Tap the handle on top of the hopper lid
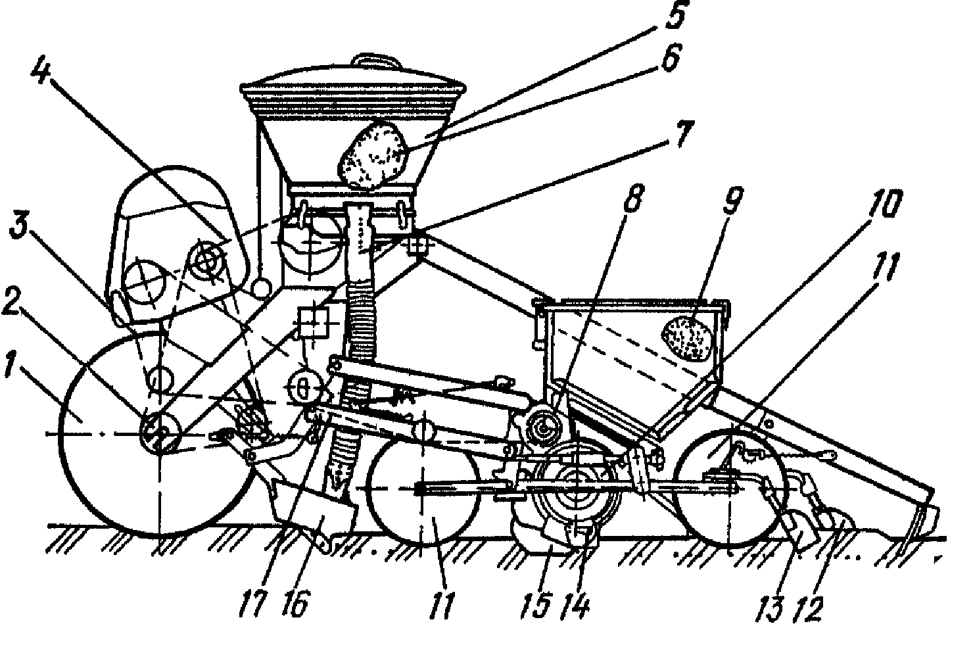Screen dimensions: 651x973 click(x=376, y=60)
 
